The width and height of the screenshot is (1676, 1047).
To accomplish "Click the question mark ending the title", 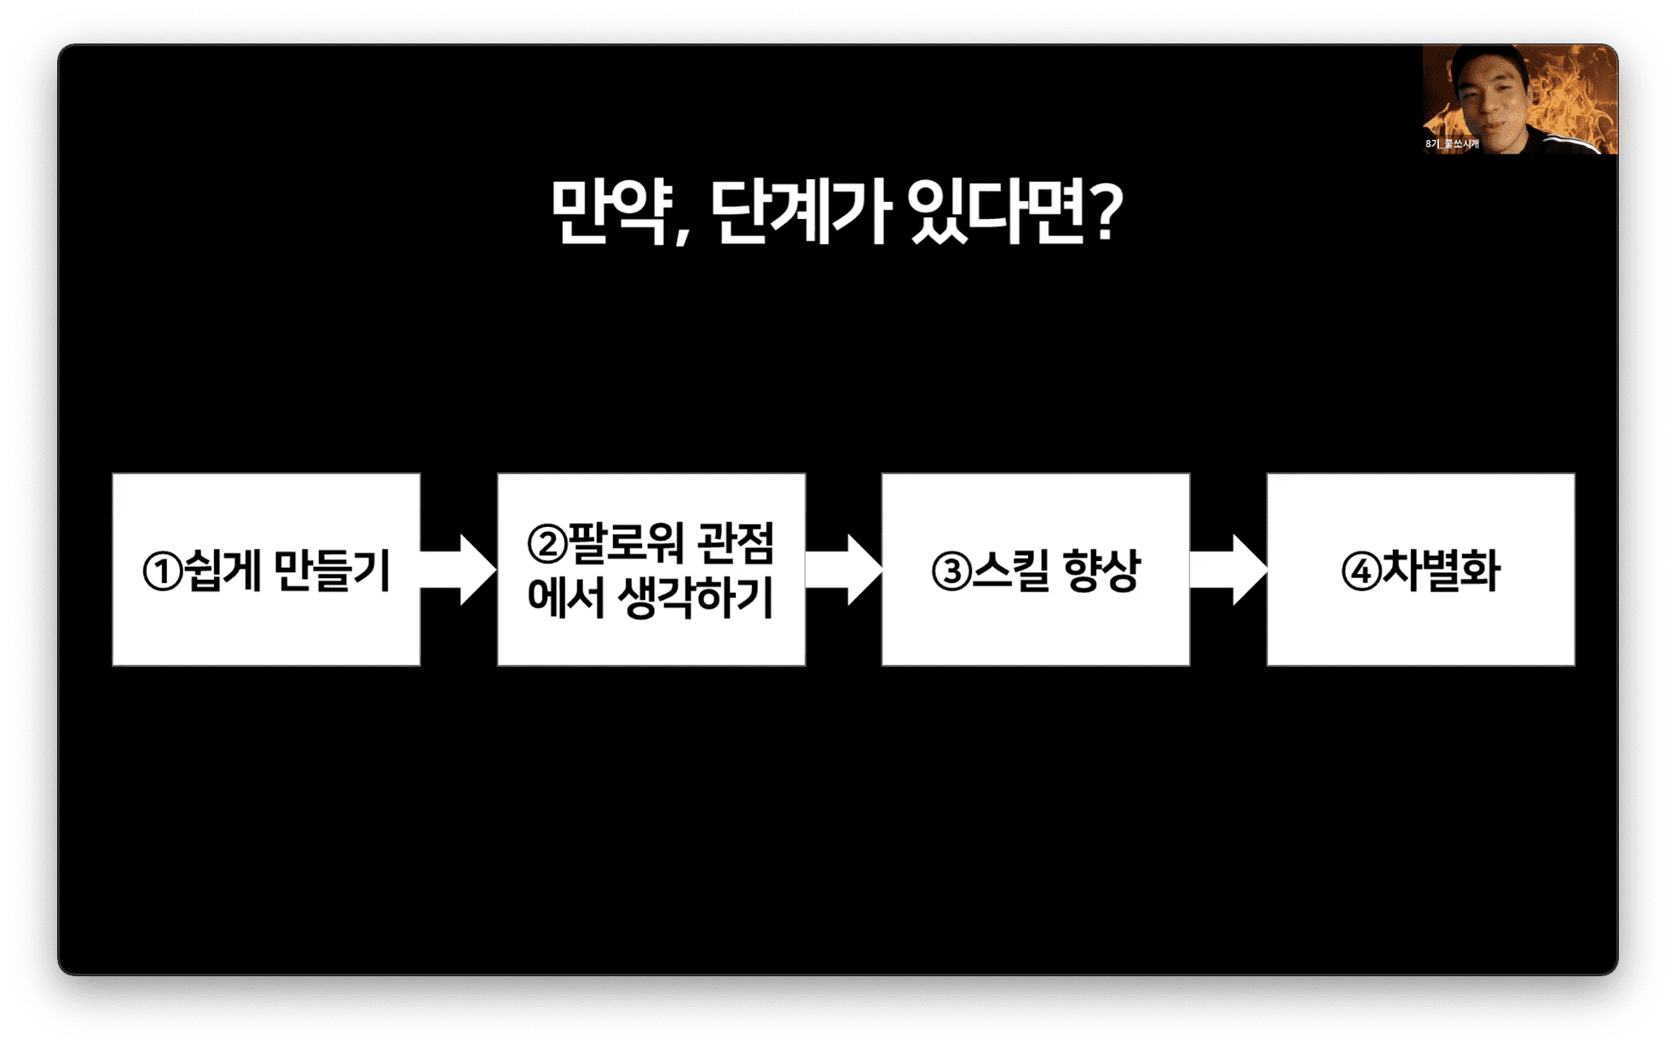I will point(1104,211).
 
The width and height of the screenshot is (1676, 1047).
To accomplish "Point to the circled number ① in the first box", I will point(162,572).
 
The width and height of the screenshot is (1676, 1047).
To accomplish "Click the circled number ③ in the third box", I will point(951,572).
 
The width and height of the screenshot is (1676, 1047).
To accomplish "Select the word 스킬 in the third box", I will point(1008,570).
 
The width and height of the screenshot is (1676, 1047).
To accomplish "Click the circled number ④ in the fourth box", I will point(1361,572).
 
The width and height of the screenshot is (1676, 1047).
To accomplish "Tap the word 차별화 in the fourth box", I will point(1441,570).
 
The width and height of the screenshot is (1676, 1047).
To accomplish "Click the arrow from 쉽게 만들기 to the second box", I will point(459,570).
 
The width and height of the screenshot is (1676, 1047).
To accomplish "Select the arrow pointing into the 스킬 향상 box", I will point(843,570).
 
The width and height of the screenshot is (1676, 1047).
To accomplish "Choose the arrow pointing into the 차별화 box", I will point(1228,570).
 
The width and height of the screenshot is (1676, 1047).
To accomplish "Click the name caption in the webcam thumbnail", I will point(1452,144).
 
